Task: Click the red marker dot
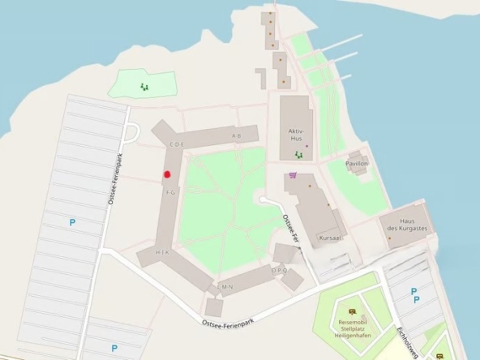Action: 168,174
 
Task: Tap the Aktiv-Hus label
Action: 295,135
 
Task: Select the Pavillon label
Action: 357,164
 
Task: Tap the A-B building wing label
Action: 237,135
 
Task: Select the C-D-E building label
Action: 178,144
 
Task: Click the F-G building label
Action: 170,192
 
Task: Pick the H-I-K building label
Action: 162,253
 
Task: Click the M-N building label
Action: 227,286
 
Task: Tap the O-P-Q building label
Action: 280,270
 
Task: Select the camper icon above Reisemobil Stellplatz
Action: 351,311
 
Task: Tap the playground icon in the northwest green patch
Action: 144,85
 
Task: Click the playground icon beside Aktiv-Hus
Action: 299,154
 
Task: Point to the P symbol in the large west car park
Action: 71,221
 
